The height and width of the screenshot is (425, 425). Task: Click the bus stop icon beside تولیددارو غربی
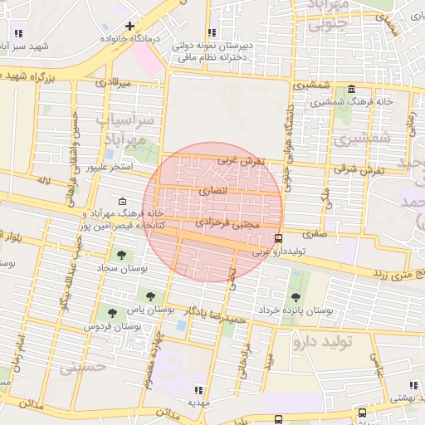coord(278,239)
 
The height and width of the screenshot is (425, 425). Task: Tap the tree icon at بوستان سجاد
coord(122,255)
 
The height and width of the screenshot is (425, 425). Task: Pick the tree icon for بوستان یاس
coord(150,295)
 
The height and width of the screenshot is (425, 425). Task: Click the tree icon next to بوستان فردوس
coord(112,312)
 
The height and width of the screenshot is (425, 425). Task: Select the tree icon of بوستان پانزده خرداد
coord(296,296)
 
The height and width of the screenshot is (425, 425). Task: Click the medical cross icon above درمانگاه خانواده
coord(129,27)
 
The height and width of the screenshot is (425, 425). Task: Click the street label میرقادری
coord(114,83)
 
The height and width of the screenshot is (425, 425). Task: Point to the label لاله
coord(45,179)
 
